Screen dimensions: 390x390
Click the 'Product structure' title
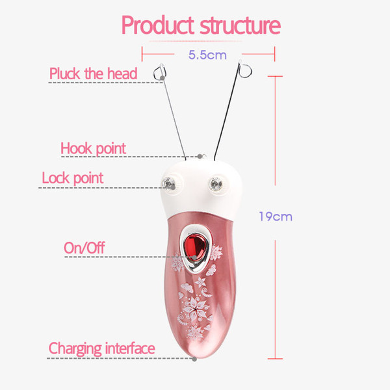pos(201,25)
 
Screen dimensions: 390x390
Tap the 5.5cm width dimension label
pos(207,55)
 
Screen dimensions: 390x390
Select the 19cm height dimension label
pos(276,216)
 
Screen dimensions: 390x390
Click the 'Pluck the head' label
pos(93,73)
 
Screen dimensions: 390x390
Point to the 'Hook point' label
pos(93,148)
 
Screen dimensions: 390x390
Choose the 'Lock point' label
pos(72,178)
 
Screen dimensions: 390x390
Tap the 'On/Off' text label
pos(84,248)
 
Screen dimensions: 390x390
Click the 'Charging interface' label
pos(102,348)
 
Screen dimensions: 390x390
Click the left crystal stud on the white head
pos(168,183)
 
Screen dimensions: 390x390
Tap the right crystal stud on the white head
pos(215,184)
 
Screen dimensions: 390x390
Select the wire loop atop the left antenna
pos(160,72)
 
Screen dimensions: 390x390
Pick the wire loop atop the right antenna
pos(245,69)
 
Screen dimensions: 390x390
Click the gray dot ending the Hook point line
pos(200,157)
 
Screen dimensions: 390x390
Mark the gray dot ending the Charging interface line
pos(194,359)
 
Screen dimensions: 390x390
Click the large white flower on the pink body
pos(195,309)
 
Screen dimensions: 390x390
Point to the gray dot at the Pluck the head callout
pos(162,78)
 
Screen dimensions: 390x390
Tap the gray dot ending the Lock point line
pos(173,187)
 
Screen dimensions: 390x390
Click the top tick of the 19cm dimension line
pos(275,76)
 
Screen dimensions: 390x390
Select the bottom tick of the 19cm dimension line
pos(275,359)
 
